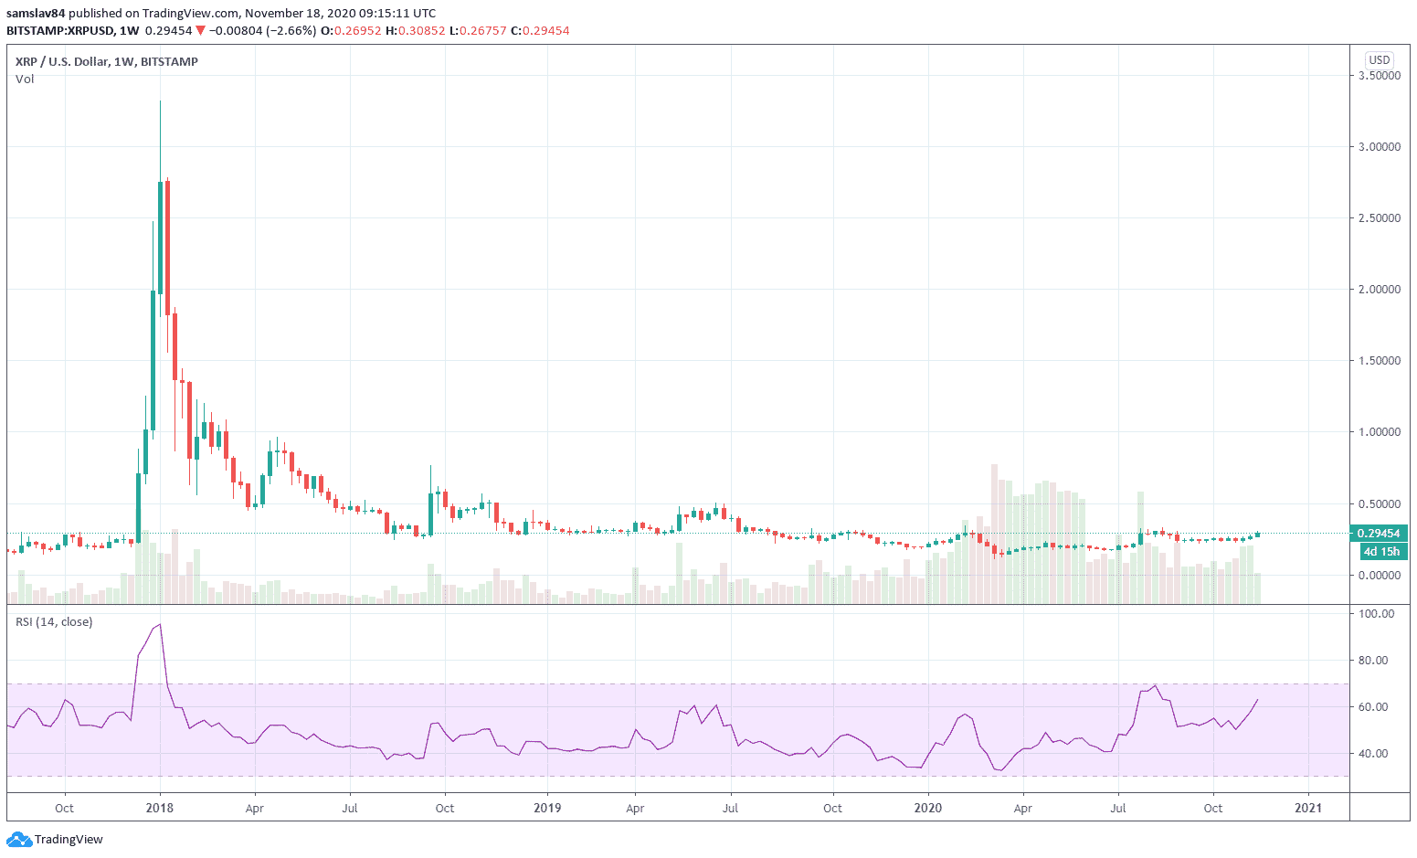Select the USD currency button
1379,60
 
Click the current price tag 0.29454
1379,534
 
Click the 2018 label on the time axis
160,809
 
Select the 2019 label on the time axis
547,809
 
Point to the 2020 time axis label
927,809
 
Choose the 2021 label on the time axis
1308,809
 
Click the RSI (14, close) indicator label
54,622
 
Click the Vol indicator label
25,79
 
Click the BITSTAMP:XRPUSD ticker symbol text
59,31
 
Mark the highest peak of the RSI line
160,625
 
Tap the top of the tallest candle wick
160,101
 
